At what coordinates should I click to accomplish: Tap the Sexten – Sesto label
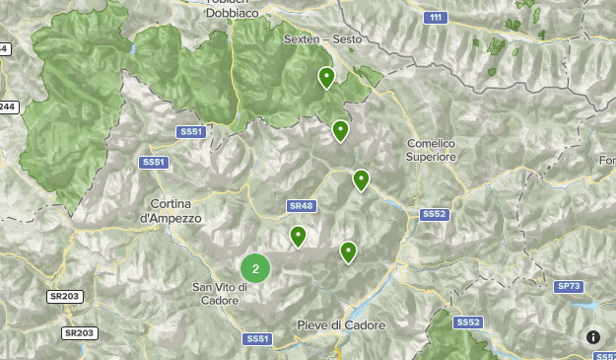click(322, 39)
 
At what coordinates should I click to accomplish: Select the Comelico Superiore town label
click(432, 150)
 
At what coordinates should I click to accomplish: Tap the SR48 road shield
click(301, 206)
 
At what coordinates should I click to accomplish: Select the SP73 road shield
click(569, 286)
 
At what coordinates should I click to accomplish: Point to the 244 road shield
click(8, 107)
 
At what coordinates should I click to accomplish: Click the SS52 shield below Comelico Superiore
click(434, 214)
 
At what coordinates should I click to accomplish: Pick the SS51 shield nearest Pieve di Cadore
click(257, 338)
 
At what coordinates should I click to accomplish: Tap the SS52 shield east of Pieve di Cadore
click(468, 323)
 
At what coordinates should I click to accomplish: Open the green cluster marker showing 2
click(255, 267)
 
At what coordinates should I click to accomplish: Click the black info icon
click(593, 337)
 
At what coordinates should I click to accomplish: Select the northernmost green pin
click(326, 77)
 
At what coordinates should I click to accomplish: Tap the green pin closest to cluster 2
click(298, 236)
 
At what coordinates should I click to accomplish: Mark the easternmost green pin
click(361, 180)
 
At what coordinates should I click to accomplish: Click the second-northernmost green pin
click(340, 130)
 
